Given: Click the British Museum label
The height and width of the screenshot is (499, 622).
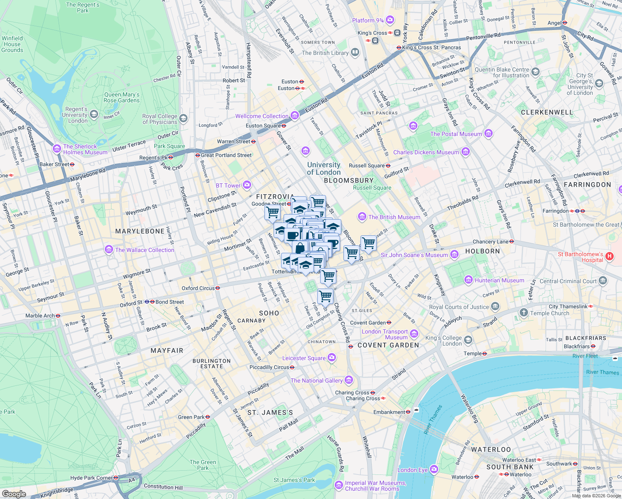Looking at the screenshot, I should point(394,217).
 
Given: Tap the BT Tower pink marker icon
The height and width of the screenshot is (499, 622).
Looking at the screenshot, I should point(247,185).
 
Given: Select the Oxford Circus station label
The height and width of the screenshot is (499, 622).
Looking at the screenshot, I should point(198,288).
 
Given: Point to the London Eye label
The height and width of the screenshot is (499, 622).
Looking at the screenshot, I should point(412,470).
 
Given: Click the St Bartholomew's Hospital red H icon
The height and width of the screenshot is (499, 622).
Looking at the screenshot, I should point(610,256).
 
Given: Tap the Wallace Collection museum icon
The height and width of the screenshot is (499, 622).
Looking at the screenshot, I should point(109,249).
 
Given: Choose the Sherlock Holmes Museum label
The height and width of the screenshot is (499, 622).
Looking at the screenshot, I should point(85,149).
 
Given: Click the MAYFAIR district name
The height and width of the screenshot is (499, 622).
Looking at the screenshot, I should point(167,351).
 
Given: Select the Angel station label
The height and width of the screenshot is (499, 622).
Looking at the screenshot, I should point(554,23).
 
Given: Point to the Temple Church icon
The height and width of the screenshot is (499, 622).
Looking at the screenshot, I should point(523,312).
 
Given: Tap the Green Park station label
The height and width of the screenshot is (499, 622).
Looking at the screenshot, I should point(191,417).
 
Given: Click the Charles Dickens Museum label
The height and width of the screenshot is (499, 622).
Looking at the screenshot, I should point(426,152).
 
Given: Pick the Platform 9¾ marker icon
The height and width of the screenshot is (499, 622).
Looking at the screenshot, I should point(390,20).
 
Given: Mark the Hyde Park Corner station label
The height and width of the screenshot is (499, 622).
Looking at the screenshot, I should point(91,478).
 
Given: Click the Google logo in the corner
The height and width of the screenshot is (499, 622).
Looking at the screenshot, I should point(14,494).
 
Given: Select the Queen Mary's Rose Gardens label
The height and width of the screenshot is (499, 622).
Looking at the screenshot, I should point(121,97).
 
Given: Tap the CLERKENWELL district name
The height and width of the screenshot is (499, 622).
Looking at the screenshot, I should point(547,112).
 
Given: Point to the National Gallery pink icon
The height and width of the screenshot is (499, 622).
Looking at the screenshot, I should point(349,380).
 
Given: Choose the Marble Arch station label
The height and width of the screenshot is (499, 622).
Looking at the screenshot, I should point(40,316).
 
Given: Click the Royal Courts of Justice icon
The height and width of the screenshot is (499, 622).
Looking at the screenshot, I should point(495,307).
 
